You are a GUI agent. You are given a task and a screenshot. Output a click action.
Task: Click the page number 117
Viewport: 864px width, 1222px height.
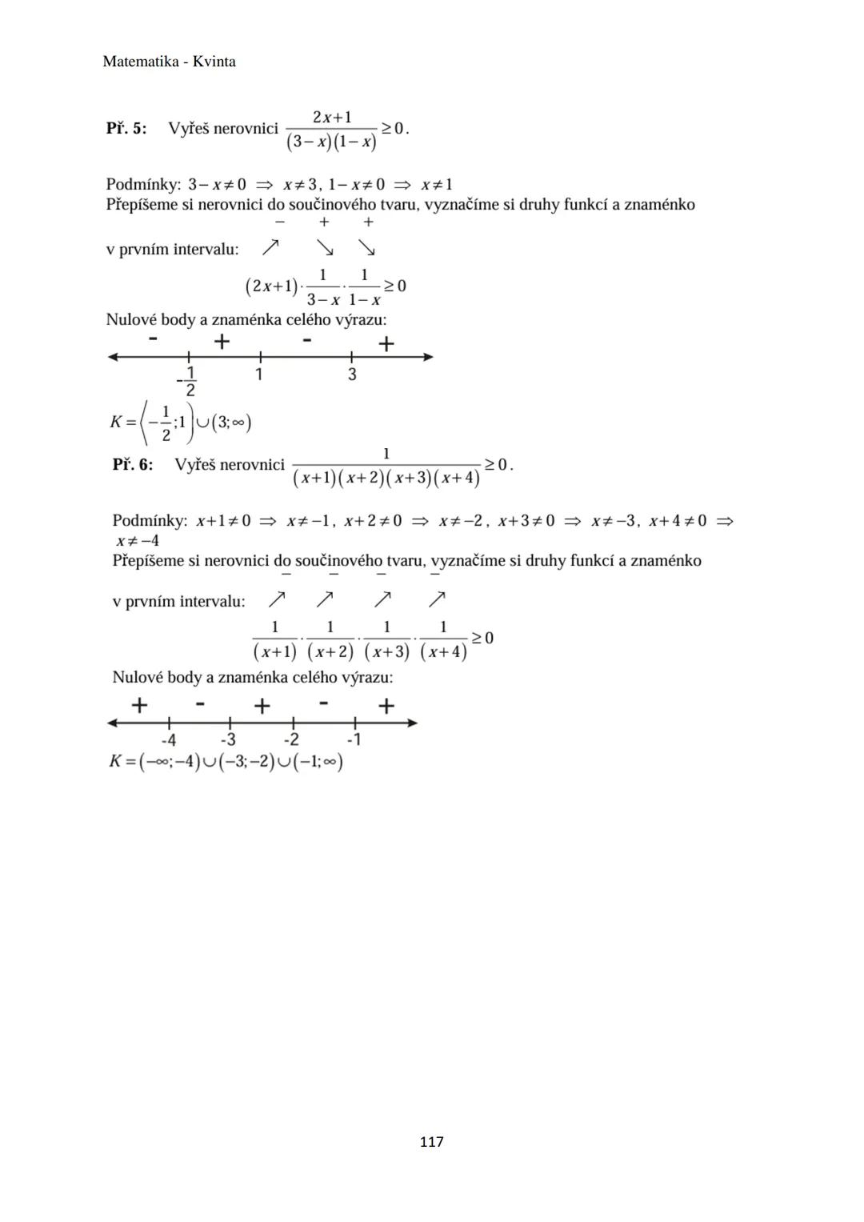coord(431,1142)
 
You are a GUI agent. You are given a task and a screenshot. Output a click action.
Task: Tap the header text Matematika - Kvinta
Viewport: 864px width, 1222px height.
coord(169,62)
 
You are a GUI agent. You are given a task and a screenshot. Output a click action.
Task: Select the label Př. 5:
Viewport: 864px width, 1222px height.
coord(126,128)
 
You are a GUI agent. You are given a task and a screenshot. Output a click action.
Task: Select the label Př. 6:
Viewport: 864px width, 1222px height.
coord(133,464)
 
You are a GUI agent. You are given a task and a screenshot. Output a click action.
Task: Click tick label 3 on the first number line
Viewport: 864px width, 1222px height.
coord(352,375)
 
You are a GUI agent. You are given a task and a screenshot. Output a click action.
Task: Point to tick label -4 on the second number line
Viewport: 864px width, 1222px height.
coord(168,740)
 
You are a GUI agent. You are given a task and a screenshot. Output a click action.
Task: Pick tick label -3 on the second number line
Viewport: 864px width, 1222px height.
coord(228,740)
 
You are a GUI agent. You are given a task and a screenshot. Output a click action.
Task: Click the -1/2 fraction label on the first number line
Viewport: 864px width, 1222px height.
coord(188,381)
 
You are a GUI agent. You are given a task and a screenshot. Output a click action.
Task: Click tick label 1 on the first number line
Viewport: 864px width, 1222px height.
coord(259,375)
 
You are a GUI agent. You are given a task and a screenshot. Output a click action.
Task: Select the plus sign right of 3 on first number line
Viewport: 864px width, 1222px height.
coord(386,344)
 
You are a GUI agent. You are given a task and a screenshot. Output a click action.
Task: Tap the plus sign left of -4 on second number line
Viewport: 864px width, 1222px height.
coord(139,705)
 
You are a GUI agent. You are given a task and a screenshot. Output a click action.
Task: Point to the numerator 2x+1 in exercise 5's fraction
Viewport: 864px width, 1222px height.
coord(332,117)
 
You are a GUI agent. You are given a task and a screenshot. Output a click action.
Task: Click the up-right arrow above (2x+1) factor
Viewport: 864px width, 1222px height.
coord(271,247)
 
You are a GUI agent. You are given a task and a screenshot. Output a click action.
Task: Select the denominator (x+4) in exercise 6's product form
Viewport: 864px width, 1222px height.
coord(443,651)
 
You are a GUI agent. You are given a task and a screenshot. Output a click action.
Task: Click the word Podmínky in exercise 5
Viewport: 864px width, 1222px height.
coord(142,185)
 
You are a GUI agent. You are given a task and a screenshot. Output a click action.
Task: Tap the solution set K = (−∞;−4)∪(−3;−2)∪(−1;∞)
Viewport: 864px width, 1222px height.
coord(226,761)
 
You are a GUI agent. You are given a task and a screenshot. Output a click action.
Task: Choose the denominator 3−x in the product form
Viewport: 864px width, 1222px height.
coord(323,300)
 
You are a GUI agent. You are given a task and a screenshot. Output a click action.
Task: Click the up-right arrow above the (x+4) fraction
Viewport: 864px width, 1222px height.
coord(437,599)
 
